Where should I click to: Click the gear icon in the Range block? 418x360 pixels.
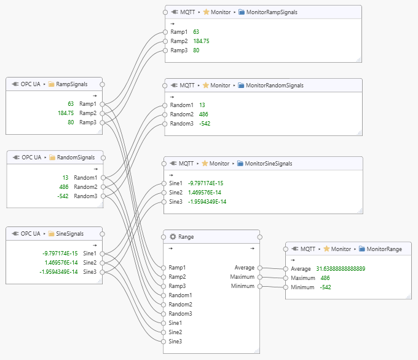(x=173, y=236)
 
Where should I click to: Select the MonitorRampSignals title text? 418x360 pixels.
(x=270, y=12)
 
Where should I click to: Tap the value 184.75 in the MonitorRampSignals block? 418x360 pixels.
(x=201, y=41)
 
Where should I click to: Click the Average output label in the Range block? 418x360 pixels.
(x=244, y=268)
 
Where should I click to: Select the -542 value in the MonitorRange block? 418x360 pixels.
(x=326, y=287)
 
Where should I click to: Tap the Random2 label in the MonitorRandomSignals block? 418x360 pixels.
(x=181, y=114)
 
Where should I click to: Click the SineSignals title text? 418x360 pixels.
(x=69, y=234)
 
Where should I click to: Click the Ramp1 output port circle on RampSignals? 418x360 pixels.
(x=102, y=104)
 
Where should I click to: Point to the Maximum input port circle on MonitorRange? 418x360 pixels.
(x=286, y=278)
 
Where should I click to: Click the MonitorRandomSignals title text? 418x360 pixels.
(x=275, y=86)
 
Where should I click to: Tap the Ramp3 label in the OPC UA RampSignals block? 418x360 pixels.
(x=88, y=122)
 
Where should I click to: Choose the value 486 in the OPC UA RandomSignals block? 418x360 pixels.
(x=64, y=187)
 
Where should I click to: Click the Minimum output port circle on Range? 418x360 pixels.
(x=259, y=286)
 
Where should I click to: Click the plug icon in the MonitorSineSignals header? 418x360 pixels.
(x=175, y=164)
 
